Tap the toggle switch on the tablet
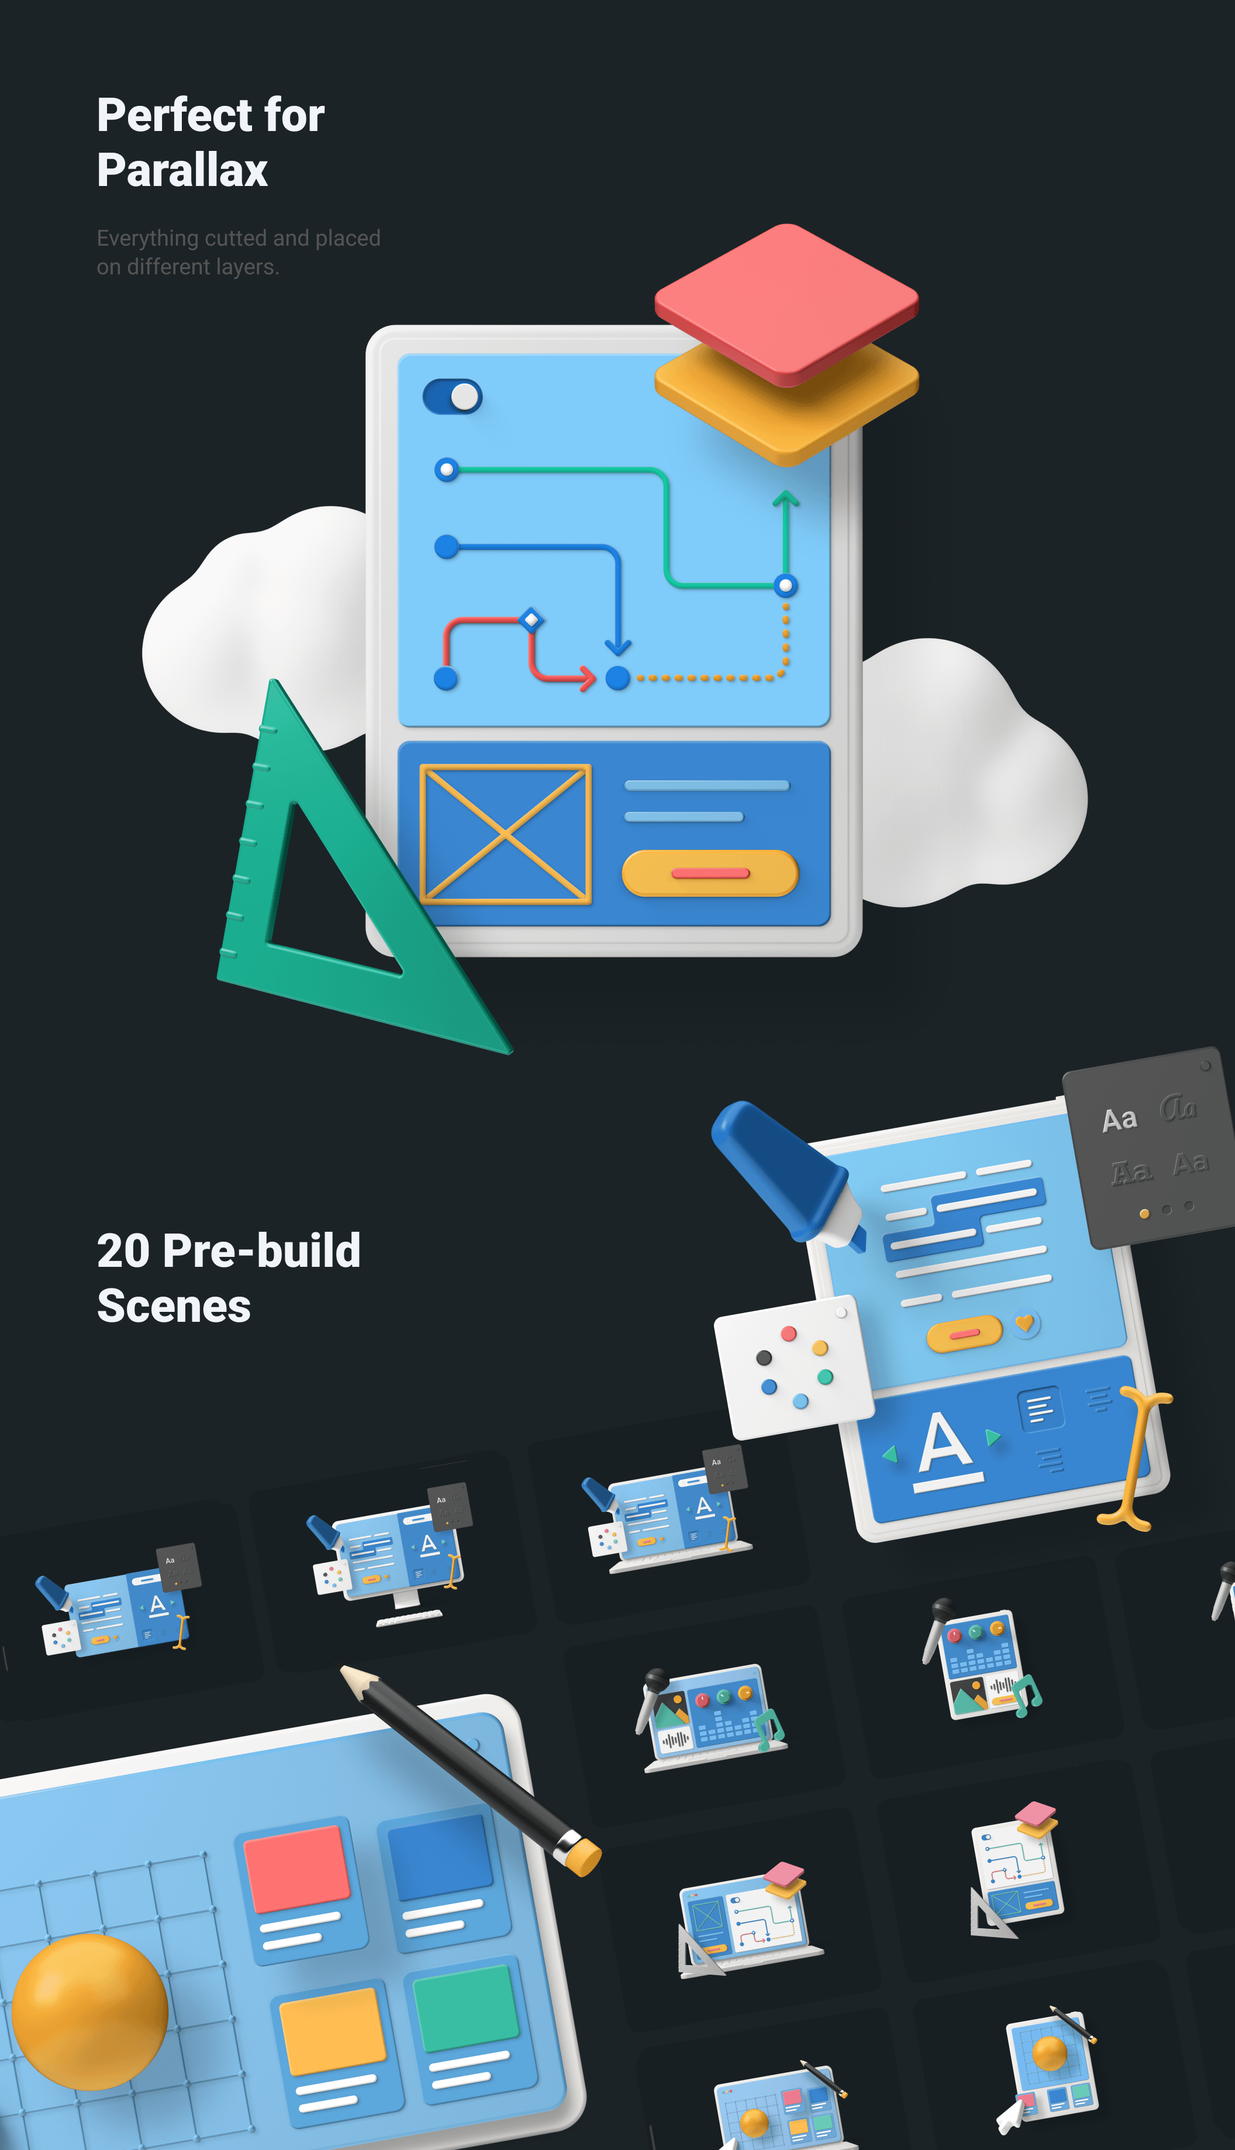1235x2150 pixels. click(x=452, y=396)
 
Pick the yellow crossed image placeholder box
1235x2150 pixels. click(x=506, y=833)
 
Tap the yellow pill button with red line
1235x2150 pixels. click(x=710, y=873)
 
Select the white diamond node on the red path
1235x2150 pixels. click(x=531, y=619)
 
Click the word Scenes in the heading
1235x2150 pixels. click(x=174, y=1306)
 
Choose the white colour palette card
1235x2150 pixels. click(x=793, y=1366)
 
